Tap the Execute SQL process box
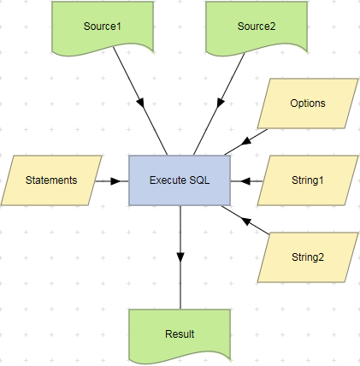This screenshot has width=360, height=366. pos(179,180)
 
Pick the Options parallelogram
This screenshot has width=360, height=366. pos(307,103)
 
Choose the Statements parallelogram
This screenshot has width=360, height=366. pos(51,180)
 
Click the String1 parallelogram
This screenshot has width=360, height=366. pos(307,180)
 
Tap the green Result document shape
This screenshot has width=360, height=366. pos(180,334)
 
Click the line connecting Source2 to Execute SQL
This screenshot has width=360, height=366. pos(218,106)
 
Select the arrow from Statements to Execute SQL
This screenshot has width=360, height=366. pos(112,180)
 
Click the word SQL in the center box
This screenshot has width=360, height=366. pos(197,180)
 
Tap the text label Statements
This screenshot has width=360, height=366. pos(51,180)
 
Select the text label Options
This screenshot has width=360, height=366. pos(307,103)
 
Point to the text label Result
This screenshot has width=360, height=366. pos(180,334)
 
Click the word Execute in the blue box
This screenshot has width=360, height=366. pos(167,180)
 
